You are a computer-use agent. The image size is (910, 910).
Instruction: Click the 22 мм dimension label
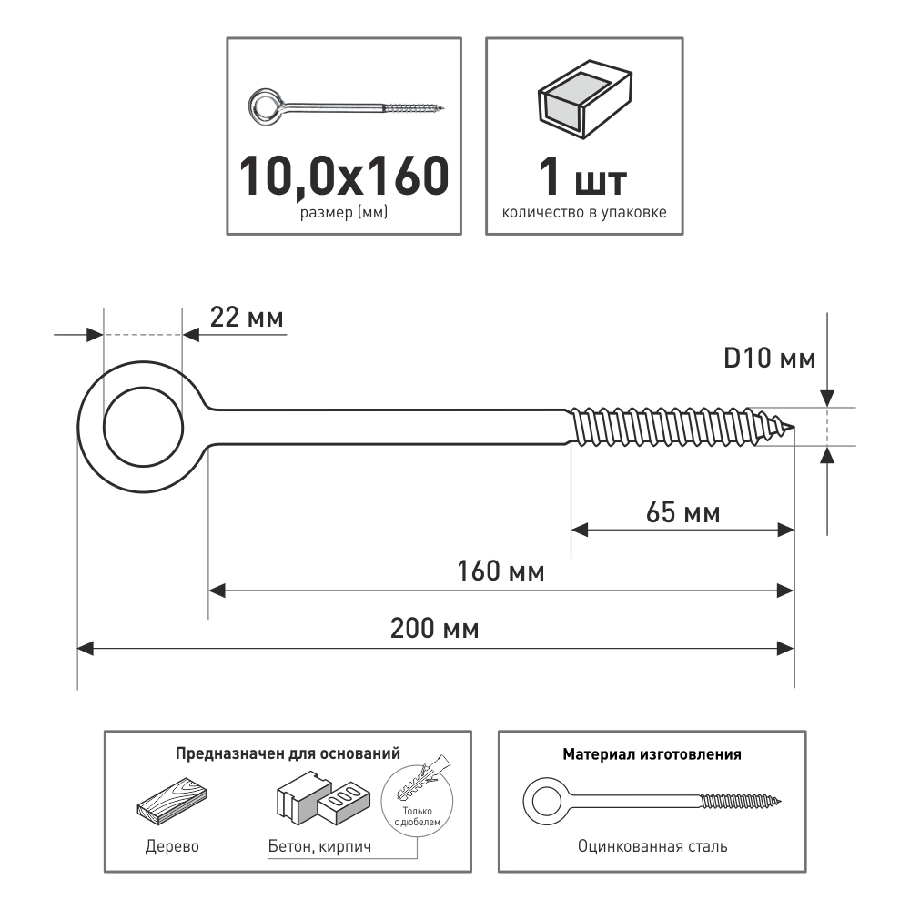[x=247, y=318]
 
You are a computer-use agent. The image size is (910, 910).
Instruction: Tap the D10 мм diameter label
[x=770, y=359]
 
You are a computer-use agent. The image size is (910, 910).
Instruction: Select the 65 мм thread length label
[x=683, y=513]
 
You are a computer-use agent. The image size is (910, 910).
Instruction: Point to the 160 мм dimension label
[x=500, y=571]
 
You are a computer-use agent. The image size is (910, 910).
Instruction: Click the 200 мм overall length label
[x=435, y=629]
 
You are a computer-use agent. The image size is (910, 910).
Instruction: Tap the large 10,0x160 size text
[x=344, y=176]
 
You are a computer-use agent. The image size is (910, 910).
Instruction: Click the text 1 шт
[x=583, y=177]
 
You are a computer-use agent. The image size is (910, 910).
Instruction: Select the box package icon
[x=585, y=98]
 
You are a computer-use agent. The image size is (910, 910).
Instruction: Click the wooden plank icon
[x=172, y=802]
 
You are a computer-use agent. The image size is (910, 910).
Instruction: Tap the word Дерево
[x=172, y=846]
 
